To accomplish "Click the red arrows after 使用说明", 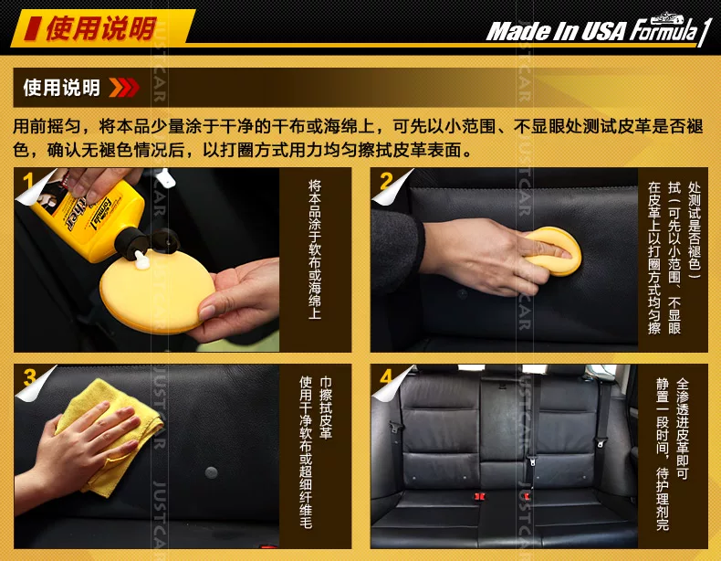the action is tap(124, 88).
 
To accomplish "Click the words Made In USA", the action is tap(556, 32).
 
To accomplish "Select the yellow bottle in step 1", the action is tap(90, 216).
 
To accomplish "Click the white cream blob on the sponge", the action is tap(141, 259).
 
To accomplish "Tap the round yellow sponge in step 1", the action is tap(157, 291).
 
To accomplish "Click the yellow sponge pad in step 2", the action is tap(553, 251).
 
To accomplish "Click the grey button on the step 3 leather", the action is tap(211, 472).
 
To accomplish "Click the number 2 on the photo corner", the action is tap(386, 181).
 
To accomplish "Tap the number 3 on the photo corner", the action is tap(30, 377).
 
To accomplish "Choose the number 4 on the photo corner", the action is tap(386, 377).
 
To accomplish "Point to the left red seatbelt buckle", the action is tap(479, 496).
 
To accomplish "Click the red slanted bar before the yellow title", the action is tap(31, 27).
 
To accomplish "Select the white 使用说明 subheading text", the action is tap(62, 88).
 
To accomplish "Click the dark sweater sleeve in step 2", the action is tap(397, 251).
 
